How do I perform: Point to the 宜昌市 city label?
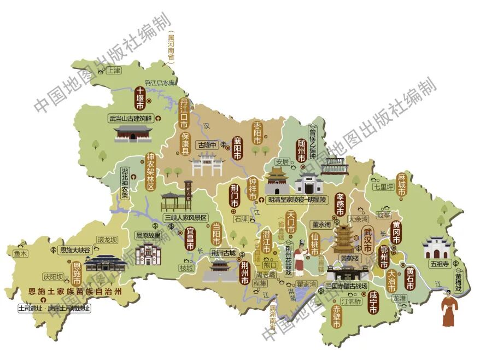[x=191, y=239]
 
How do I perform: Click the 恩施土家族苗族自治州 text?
[x=75, y=291]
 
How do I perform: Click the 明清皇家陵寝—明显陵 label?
[x=297, y=200]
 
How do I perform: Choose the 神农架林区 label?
[x=150, y=171]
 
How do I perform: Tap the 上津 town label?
[x=114, y=71]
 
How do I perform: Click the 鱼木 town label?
[x=21, y=253]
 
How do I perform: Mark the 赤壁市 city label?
[x=337, y=317]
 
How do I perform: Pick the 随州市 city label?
[x=301, y=150]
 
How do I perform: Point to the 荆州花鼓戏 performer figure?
[x=300, y=261]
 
